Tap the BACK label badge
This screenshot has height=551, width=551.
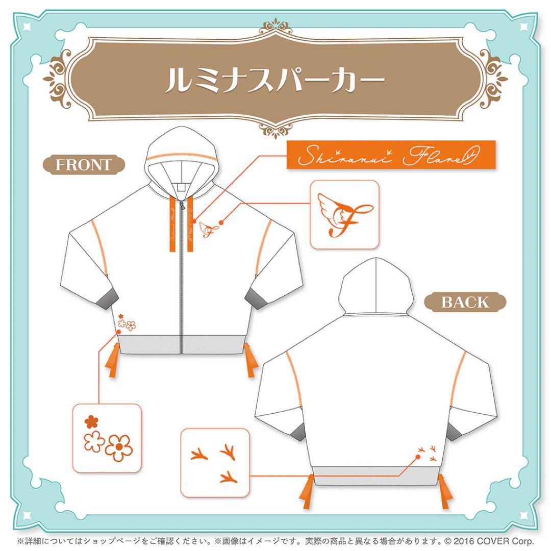click(x=465, y=302)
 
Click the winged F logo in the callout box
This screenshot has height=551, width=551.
click(x=344, y=214)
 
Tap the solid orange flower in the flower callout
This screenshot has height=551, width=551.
click(x=91, y=421)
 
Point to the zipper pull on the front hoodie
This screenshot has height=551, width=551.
click(x=180, y=206)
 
